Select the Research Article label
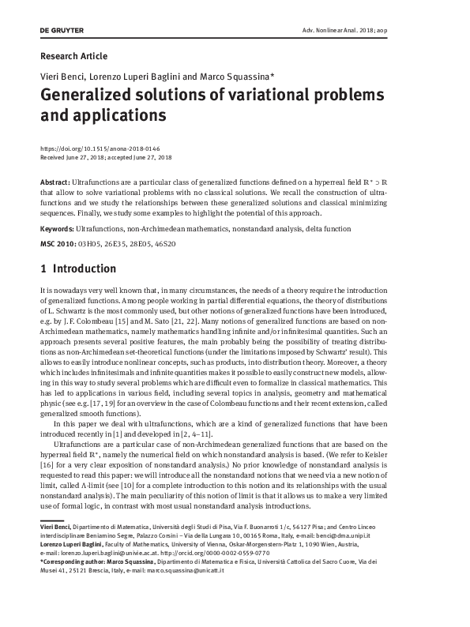click(x=73, y=56)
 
